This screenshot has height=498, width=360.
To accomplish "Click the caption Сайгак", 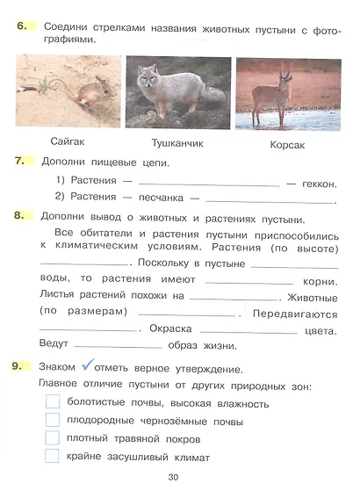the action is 67,141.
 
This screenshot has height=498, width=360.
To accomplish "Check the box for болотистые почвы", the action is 52,402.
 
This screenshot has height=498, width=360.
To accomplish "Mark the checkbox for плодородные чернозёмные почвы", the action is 52,420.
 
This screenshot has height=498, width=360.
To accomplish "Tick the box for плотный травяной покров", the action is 52,437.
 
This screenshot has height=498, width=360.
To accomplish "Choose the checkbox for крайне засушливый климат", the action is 52,455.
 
